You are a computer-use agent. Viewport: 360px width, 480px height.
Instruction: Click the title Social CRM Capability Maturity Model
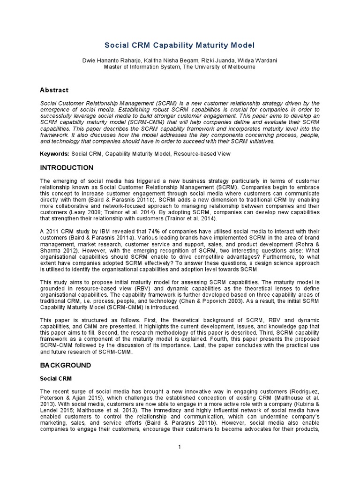pyautogui.click(x=180, y=45)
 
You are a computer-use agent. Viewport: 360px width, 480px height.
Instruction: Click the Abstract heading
pyautogui.click(x=54, y=90)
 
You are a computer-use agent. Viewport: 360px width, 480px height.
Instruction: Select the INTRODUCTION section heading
pyautogui.click(x=67, y=167)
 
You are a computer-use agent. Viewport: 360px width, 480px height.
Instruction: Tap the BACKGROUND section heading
pyautogui.click(x=66, y=365)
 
